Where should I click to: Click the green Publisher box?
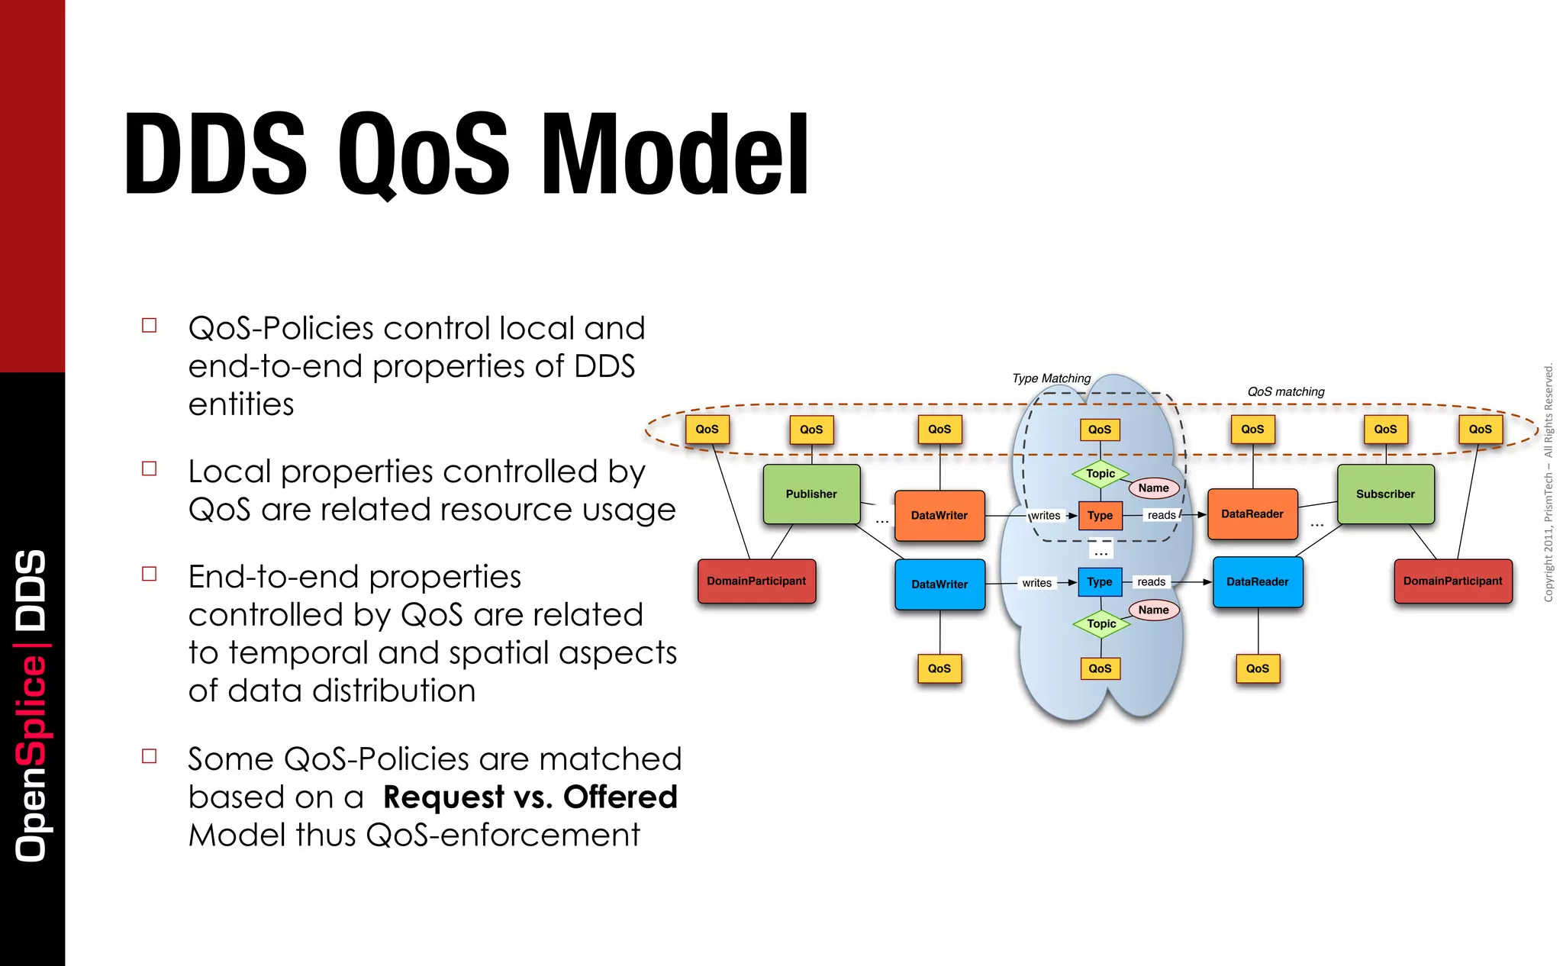pyautogui.click(x=811, y=494)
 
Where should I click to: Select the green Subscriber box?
pyautogui.click(x=1385, y=494)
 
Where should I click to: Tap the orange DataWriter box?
pyautogui.click(x=939, y=515)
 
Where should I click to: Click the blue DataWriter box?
pyautogui.click(x=939, y=584)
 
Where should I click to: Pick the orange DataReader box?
pyautogui.click(x=1252, y=514)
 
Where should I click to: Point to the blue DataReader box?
pyautogui.click(x=1257, y=581)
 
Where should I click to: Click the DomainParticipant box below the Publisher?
pyautogui.click(x=756, y=581)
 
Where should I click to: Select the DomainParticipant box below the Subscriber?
pyautogui.click(x=1452, y=581)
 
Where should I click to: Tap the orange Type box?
pyautogui.click(x=1100, y=515)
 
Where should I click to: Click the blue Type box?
pyautogui.click(x=1099, y=581)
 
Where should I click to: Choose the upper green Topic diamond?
pyautogui.click(x=1101, y=473)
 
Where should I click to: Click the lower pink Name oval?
pyautogui.click(x=1153, y=610)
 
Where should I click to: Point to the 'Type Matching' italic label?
pyautogui.click(x=1051, y=378)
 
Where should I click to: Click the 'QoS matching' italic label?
pyautogui.click(x=1285, y=391)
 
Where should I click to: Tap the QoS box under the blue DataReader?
pyautogui.click(x=1257, y=668)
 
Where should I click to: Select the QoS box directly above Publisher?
pyautogui.click(x=811, y=430)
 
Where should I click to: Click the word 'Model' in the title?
pyautogui.click(x=675, y=155)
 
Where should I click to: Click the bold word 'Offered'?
pyautogui.click(x=620, y=797)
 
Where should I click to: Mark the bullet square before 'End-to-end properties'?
pyautogui.click(x=150, y=574)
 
